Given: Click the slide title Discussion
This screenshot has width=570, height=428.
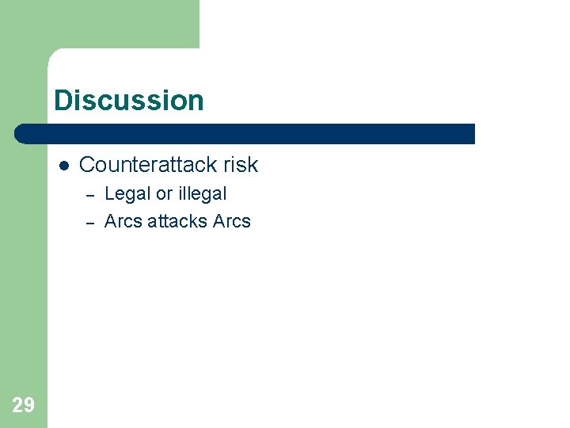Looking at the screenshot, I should click(129, 101).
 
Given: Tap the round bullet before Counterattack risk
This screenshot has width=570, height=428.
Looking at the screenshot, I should click(64, 165).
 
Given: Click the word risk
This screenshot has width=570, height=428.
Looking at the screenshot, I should click(241, 165).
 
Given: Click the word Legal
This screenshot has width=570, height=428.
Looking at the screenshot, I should click(127, 194).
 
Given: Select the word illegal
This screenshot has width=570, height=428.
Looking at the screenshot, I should click(202, 194).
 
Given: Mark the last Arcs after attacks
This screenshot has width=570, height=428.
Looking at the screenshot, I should click(232, 222).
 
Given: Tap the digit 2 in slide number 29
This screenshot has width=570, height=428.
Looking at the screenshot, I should click(18, 406).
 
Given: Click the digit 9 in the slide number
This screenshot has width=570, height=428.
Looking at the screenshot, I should click(29, 406).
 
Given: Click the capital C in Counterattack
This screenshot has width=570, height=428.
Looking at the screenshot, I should click(87, 165).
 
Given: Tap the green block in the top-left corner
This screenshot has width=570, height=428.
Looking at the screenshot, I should click(99, 24).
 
